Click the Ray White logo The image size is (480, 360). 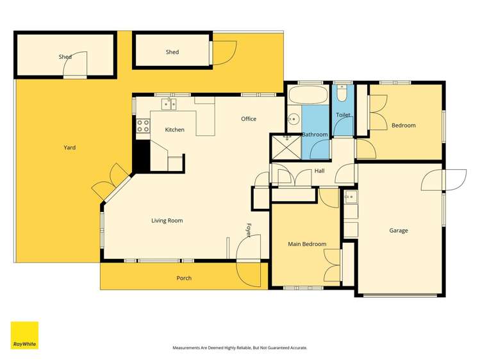[24, 335]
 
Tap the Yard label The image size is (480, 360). [69, 148]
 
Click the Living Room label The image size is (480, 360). [167, 221]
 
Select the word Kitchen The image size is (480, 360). [174, 130]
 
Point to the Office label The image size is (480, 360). [249, 119]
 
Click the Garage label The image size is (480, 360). [398, 231]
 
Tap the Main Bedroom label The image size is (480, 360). [307, 244]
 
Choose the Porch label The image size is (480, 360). [184, 278]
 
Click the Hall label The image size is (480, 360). [319, 171]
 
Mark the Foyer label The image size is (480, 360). [249, 230]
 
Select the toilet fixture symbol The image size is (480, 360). [343, 95]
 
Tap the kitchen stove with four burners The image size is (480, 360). [142, 126]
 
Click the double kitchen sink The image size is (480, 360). [169, 103]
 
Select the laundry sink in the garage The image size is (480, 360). [350, 197]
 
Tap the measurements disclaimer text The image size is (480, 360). [240, 348]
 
